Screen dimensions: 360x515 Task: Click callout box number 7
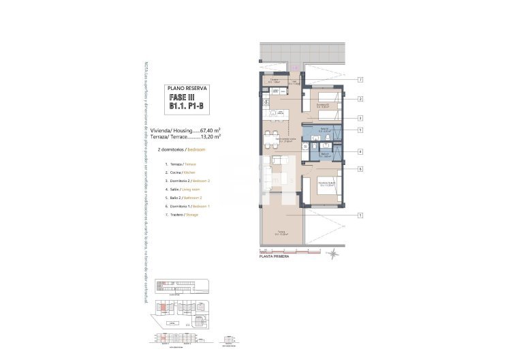359,80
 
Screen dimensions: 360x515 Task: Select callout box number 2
359,99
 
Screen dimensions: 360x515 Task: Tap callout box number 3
359,118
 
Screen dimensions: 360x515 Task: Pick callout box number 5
359,130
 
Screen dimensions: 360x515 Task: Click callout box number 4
359,151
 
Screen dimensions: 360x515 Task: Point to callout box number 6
359,168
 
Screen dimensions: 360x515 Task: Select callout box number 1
359,215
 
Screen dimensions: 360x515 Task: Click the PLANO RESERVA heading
187,88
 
